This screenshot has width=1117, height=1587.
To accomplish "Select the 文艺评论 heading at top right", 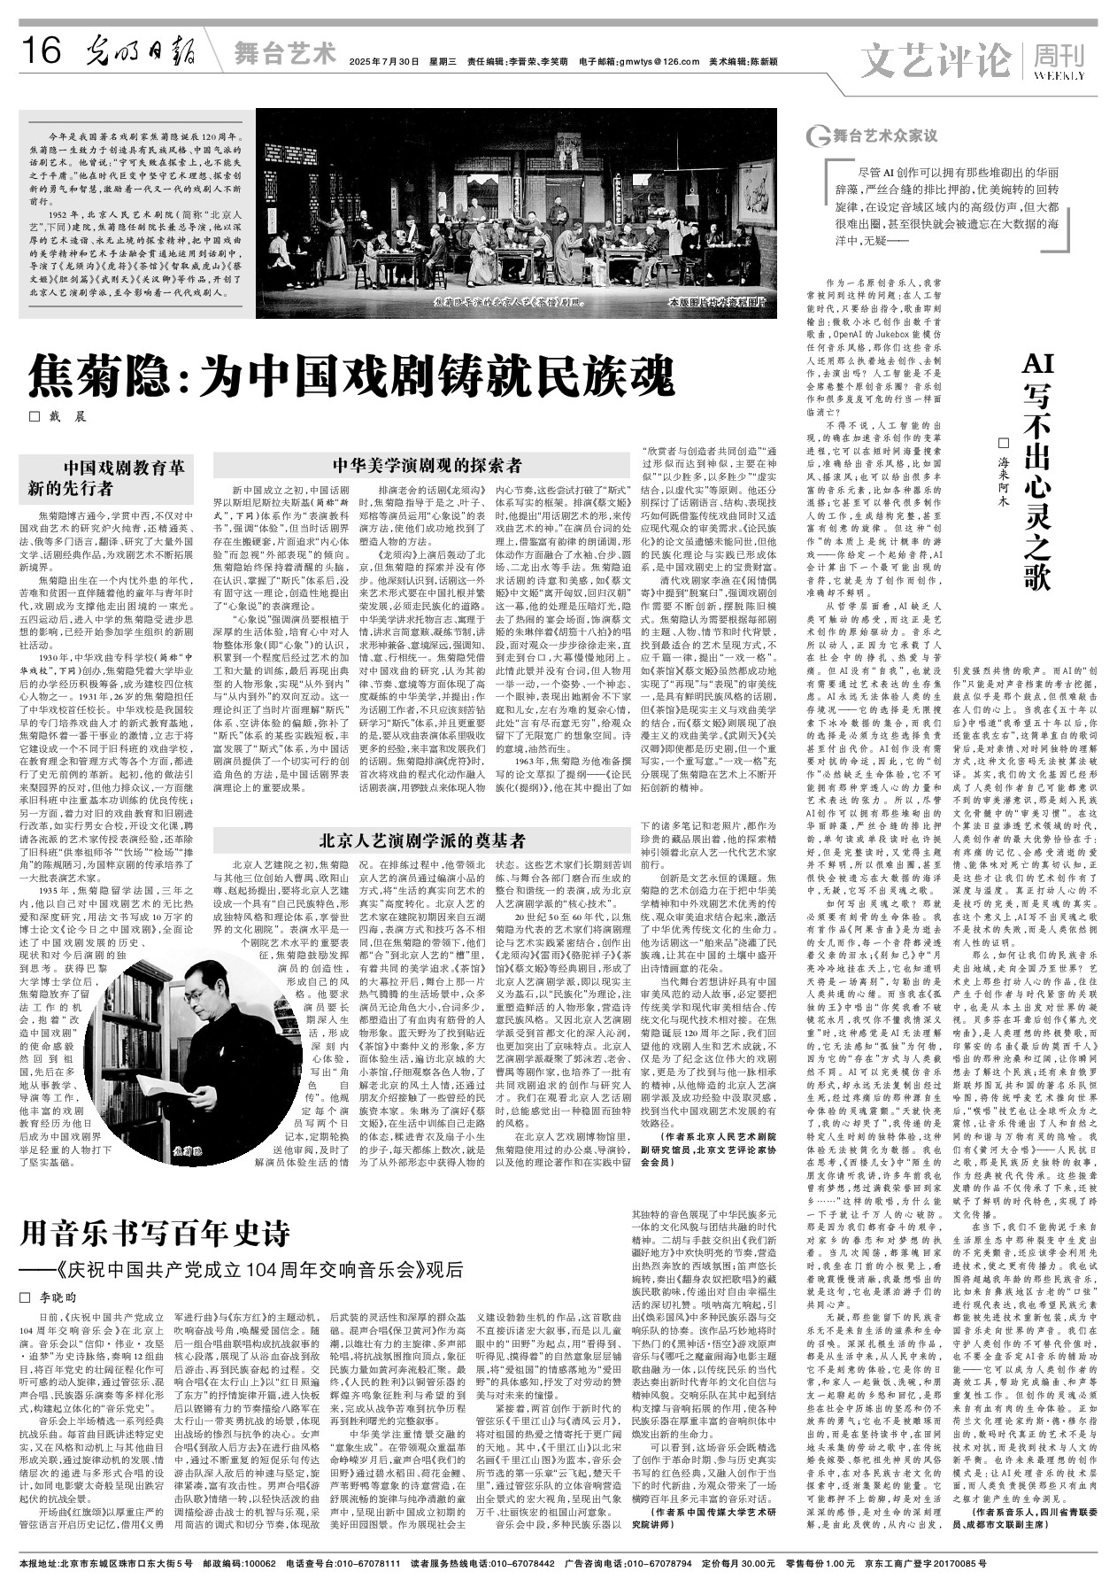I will pos(939,59).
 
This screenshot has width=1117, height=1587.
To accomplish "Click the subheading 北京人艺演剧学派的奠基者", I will pos(427,841).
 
